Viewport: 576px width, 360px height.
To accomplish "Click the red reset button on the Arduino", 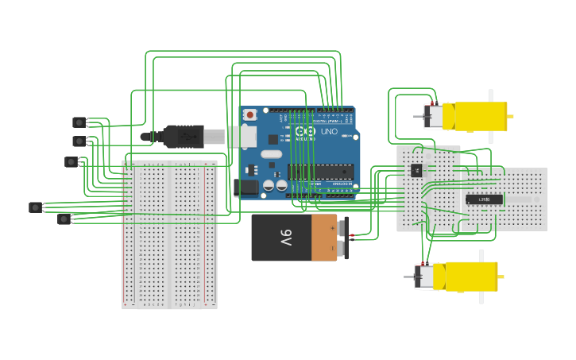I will click(250, 115).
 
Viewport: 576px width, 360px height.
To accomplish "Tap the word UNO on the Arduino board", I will click(329, 131).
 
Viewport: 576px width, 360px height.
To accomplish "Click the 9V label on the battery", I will click(285, 238).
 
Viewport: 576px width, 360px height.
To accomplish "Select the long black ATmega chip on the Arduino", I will click(320, 172).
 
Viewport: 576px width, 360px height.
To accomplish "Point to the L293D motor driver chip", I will click(484, 199).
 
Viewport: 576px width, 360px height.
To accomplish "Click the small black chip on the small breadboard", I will click(416, 169).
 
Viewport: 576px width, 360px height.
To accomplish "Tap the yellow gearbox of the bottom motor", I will click(470, 276).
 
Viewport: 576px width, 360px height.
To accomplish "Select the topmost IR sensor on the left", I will click(79, 122).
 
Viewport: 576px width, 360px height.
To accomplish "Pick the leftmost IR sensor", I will click(35, 207).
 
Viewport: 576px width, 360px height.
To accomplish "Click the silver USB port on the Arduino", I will click(243, 136).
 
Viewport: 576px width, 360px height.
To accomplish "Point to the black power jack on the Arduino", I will click(246, 188).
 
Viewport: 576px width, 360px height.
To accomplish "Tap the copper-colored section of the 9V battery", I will click(324, 238).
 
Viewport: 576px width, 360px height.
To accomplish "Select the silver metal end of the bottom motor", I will click(425, 277).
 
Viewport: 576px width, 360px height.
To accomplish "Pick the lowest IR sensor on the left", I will click(64, 219).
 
